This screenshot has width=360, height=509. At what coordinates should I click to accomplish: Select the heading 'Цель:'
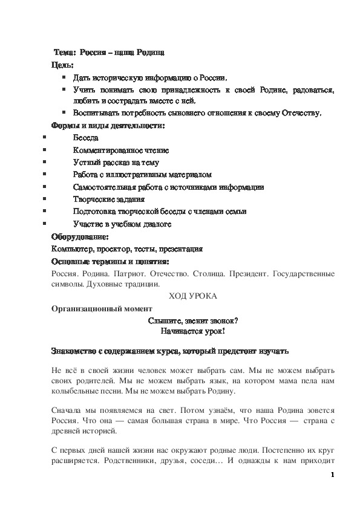pyautogui.click(x=62, y=65)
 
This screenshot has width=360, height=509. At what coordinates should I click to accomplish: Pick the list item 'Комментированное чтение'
pyautogui.click(x=120, y=150)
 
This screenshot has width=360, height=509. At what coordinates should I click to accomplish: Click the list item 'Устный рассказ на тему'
pyautogui.click(x=116, y=162)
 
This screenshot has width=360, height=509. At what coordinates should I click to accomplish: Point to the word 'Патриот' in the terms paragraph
pyautogui.click(x=115, y=273)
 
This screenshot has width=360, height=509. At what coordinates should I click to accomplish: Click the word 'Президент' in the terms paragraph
pyautogui.click(x=248, y=273)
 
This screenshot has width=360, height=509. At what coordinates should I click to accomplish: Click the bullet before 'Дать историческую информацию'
pyautogui.click(x=64, y=77)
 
